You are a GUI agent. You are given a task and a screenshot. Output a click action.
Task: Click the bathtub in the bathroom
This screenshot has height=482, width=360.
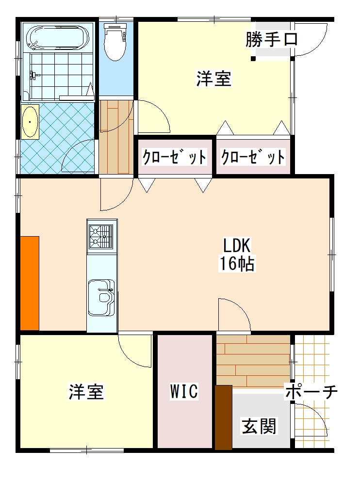click(x=58, y=38)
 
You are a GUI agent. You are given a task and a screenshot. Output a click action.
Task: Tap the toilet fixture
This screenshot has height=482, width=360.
click(x=115, y=41)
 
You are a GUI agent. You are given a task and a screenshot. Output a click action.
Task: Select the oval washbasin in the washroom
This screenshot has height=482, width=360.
click(x=30, y=122)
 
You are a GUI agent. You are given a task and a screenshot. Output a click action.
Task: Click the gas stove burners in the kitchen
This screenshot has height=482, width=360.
click(x=101, y=236)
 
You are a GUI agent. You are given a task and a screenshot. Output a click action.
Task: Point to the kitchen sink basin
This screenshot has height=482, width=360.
click(x=101, y=297)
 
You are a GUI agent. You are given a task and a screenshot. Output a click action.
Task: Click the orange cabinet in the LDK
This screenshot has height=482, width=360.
click(x=30, y=283)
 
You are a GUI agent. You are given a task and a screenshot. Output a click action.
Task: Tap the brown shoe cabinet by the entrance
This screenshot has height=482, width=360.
click(x=223, y=418)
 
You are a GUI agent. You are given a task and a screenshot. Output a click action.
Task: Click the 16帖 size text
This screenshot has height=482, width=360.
click(x=237, y=263)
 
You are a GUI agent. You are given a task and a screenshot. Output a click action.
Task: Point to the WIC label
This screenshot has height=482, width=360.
click(x=184, y=391)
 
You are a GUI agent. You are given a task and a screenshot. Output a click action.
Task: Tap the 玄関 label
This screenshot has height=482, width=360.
click(x=259, y=426)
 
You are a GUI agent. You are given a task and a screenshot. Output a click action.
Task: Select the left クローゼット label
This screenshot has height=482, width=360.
click(x=174, y=157)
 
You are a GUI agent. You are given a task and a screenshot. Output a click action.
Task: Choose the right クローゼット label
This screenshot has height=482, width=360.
click(x=253, y=157)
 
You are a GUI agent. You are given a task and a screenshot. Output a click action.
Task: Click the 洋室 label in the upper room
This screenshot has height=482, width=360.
click(x=214, y=79)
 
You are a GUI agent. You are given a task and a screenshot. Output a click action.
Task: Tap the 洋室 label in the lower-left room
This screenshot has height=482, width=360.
click(x=86, y=391)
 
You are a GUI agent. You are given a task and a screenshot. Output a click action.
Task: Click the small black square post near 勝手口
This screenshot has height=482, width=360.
click(x=253, y=58)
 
